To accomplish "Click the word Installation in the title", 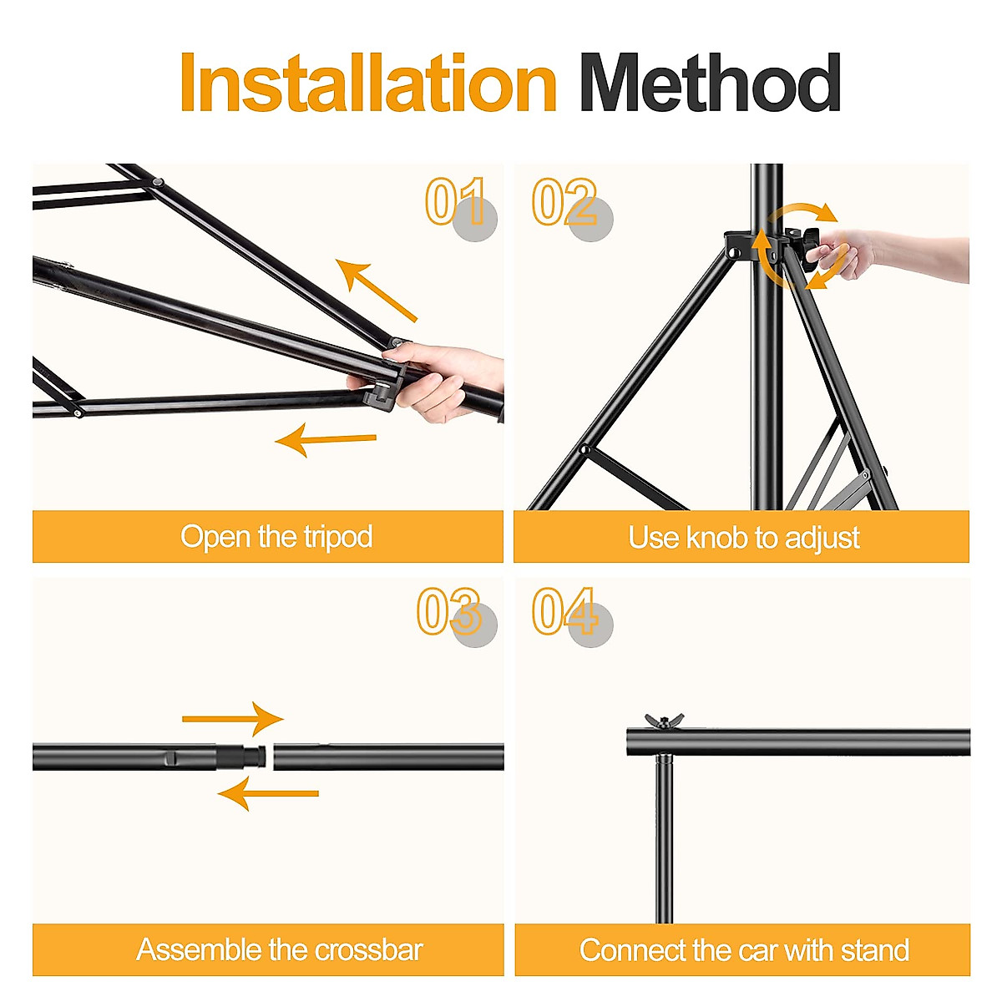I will coord(367,83).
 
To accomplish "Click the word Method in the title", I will coord(710,83).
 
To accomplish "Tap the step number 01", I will coord(456,202).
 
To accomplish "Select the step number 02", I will coord(565,202).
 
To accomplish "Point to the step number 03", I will coord(449,611).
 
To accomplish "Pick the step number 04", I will coord(565,611).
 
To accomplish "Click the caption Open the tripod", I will coord(276,537).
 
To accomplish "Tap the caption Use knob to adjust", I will coord(743,538).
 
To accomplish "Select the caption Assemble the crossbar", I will coord(280,950).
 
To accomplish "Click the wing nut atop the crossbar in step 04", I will coord(664,721).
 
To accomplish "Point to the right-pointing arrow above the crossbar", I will coord(234,718).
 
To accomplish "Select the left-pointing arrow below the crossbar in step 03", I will coord(267,793).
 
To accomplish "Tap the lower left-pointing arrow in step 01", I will coord(326,439).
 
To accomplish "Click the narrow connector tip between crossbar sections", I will coord(260,757).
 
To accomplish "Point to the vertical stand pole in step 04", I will coord(664,835).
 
